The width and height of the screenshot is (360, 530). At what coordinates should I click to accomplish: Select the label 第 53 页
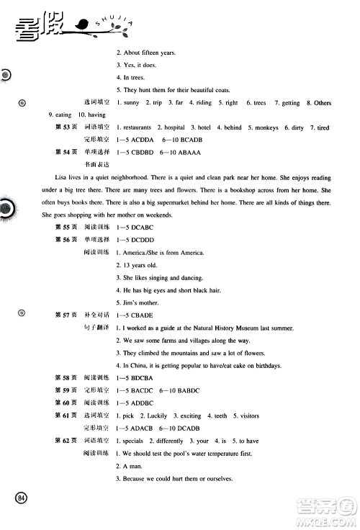coord(67,127)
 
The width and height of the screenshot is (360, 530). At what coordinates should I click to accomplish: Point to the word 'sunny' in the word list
coord(131,103)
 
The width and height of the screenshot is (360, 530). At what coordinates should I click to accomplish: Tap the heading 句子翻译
coord(98,328)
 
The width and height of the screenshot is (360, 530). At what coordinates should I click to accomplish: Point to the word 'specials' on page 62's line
coord(132,441)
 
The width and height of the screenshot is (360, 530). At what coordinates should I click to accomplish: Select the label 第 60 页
coord(67,403)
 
